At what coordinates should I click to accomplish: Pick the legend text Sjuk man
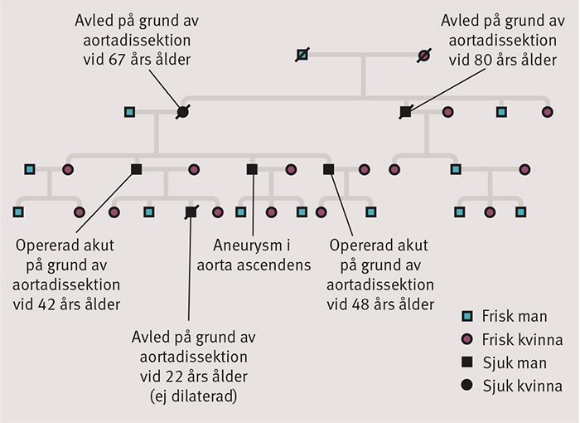point(511,363)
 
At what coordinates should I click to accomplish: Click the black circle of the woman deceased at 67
point(182,112)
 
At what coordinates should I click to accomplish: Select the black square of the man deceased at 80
point(405,112)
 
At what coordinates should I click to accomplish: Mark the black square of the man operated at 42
point(136,169)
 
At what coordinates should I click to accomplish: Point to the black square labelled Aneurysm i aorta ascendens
point(252,169)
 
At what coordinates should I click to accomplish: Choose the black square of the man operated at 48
point(328,169)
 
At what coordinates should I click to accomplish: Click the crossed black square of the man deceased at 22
point(191,212)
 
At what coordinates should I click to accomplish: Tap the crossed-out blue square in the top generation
point(302,56)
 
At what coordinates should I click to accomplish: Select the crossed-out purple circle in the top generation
point(423,56)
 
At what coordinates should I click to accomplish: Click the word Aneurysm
point(242,246)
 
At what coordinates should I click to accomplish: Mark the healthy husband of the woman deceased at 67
point(129,112)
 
